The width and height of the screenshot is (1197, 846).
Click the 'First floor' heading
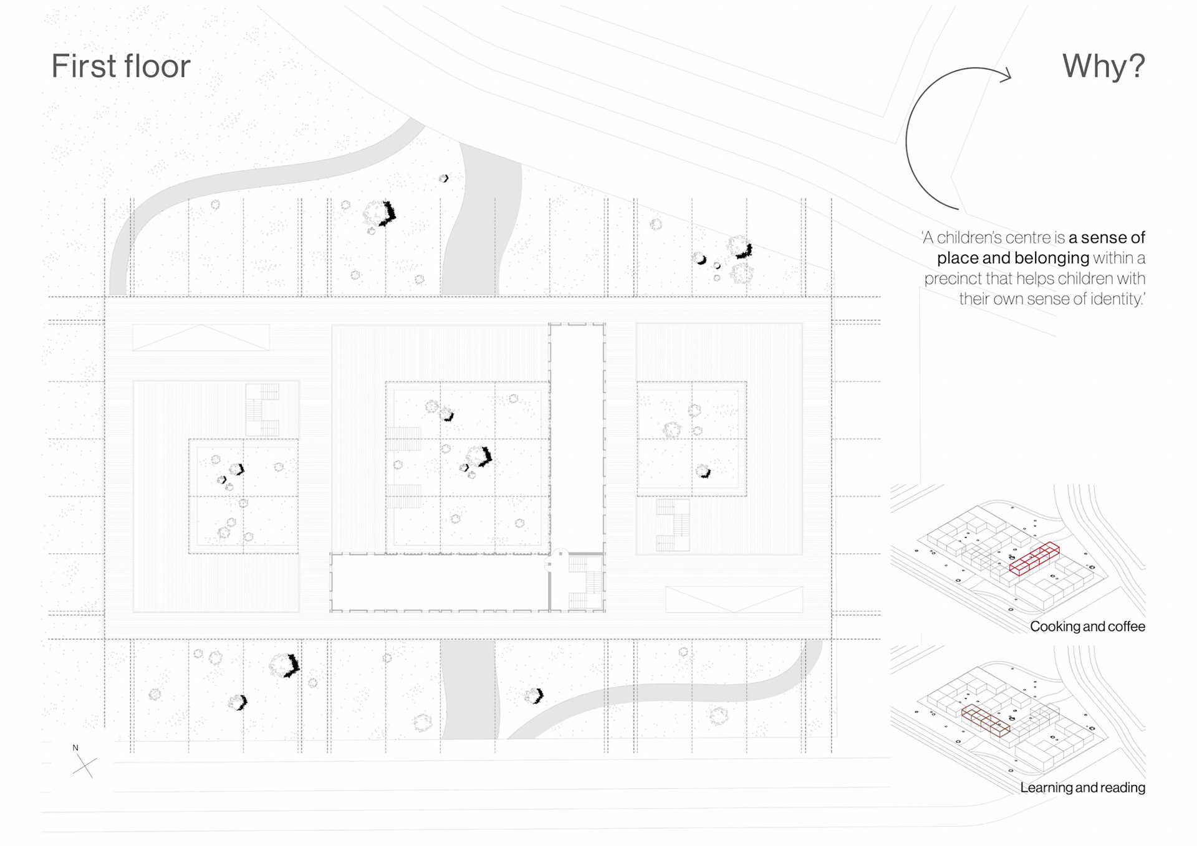pos(120,66)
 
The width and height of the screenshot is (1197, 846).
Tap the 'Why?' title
pos(1103,65)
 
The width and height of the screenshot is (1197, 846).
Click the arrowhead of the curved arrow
pos(1005,76)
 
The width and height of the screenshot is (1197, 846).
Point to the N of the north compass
pos(75,748)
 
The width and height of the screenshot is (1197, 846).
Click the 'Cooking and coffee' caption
pos(1087,626)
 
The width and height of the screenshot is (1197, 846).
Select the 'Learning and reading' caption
pos(1082,787)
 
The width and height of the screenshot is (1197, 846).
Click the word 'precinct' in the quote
pos(951,278)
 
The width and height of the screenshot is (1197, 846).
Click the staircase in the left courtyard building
pos(262,410)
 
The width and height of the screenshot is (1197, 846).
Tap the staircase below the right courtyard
pos(672,525)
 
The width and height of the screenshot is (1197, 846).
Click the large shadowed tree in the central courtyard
pos(479,456)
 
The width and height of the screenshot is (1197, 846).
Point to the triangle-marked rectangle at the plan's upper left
pos(201,337)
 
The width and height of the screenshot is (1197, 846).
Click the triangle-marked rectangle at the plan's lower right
pos(734,599)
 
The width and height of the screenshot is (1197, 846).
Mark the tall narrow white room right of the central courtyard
pos(577,436)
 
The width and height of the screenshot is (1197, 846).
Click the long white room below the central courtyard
pos(440,582)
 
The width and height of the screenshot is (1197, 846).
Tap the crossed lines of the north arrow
pos(84,766)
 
